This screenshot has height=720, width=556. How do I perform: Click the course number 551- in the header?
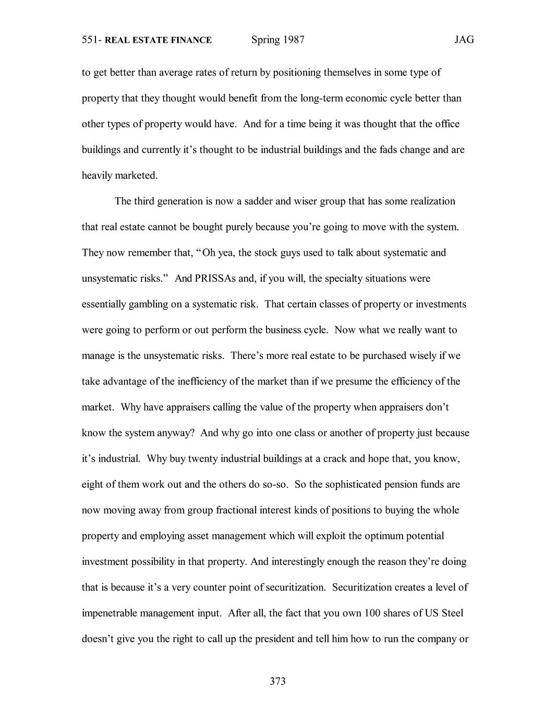coord(92,40)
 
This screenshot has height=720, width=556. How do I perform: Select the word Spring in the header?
coord(265,40)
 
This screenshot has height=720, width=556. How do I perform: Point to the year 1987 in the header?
coord(294,40)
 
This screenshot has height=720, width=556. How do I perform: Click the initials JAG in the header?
coord(464,40)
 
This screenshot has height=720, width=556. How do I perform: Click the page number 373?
coord(277,681)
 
